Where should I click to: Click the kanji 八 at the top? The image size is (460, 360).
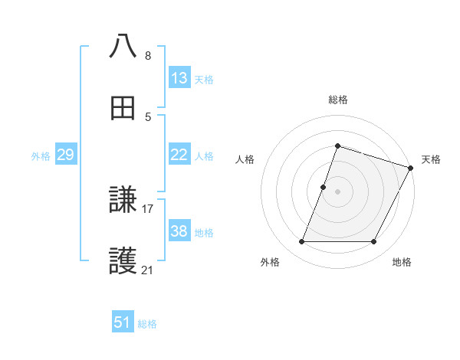123,46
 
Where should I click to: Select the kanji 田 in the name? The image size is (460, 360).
123,108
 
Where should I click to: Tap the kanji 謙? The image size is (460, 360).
123,200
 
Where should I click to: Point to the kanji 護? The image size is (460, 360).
123,262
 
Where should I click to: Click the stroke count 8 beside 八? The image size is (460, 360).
148,55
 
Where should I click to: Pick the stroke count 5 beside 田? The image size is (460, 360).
148,117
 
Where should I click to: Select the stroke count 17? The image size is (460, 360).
148,208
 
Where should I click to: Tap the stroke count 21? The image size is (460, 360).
148,270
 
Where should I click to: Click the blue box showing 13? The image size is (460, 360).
179,78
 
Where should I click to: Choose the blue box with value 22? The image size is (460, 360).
179,155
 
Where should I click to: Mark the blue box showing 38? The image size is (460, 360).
179,231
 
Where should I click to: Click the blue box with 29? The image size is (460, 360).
65,155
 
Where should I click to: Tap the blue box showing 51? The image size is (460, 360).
123,322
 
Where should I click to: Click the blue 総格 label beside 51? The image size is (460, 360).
147,324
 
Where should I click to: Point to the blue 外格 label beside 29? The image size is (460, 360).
41,156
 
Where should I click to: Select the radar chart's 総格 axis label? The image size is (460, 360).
337,100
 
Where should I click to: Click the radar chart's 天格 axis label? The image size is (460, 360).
431,159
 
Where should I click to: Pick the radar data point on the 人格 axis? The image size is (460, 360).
324,186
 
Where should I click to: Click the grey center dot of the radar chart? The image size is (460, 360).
337,191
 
